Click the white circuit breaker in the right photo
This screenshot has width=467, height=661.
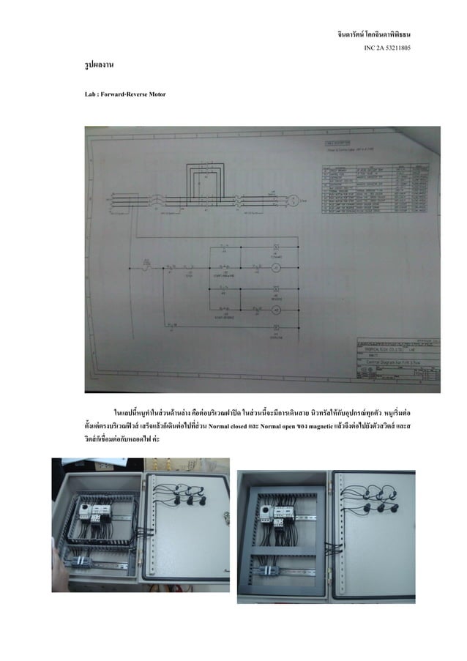[x=281, y=512]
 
